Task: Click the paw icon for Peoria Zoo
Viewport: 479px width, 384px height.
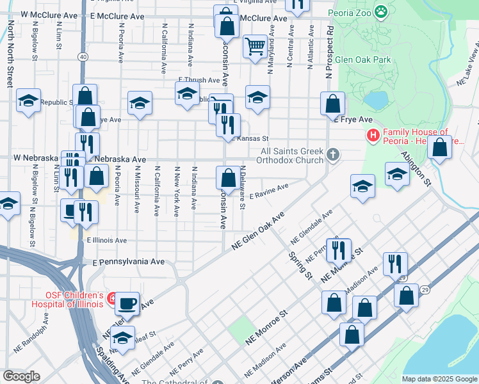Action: [x=382, y=11]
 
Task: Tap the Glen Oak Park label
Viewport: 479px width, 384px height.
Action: [x=362, y=60]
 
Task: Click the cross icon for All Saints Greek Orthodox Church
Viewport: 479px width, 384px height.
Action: [x=332, y=154]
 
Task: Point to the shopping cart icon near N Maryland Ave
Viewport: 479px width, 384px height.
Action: [x=255, y=45]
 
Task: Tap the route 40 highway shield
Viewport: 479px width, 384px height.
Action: [x=83, y=57]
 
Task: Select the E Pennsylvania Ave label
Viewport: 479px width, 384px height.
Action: [x=129, y=262]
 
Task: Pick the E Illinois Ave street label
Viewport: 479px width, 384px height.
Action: [x=107, y=241]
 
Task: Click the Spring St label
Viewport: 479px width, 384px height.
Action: [x=299, y=265]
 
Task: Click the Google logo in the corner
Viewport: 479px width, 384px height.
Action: [x=21, y=376]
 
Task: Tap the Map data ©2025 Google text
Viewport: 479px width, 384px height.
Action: [x=439, y=379]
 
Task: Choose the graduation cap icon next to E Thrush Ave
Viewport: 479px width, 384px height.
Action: [x=186, y=94]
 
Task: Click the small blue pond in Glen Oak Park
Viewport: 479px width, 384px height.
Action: [x=376, y=100]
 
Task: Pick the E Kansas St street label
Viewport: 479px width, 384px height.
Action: [x=250, y=138]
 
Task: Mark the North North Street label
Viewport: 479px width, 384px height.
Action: [x=10, y=54]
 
